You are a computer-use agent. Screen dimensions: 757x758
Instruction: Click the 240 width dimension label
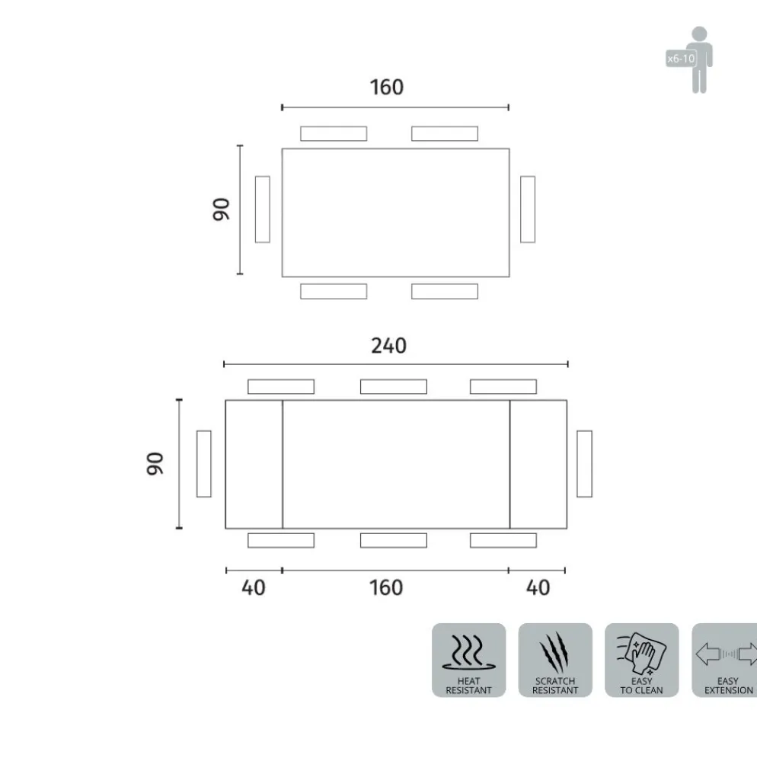pos(388,346)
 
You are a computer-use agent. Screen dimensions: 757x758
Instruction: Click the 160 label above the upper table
pos(387,88)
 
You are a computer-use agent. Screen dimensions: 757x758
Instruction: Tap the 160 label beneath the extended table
pos(386,588)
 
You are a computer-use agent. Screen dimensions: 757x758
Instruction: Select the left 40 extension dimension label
pos(254,588)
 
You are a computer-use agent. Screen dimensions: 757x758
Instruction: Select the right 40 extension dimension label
pos(538,588)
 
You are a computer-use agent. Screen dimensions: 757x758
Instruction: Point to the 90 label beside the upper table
pos(222,209)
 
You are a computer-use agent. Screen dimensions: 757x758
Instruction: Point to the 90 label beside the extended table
pos(155,464)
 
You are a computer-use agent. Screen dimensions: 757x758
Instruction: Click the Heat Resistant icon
pos(469,660)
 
